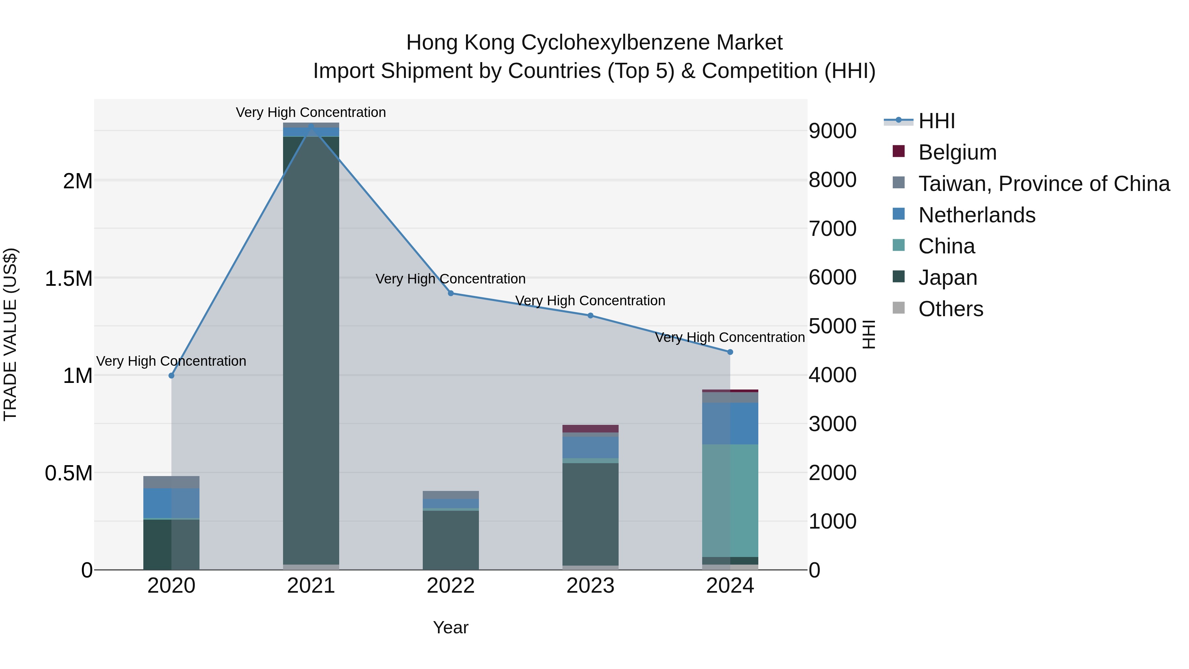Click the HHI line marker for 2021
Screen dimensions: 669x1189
click(x=311, y=126)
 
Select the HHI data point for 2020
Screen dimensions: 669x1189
click(x=171, y=375)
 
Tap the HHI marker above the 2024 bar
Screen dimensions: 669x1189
click(x=730, y=352)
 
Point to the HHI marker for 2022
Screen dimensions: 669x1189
click(x=451, y=293)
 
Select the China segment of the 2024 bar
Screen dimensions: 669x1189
click(x=730, y=501)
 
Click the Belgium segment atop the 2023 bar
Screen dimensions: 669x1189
click(x=590, y=428)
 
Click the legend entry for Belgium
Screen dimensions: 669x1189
click(x=957, y=152)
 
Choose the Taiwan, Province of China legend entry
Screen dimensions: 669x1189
click(x=1043, y=184)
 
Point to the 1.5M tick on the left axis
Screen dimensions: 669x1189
click(x=68, y=279)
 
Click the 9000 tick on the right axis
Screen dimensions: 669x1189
click(x=832, y=131)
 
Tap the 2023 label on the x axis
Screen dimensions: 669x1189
click(x=590, y=586)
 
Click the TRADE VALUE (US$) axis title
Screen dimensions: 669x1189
click(x=10, y=334)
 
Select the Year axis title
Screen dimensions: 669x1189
click(x=450, y=627)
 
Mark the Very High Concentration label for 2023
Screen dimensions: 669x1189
click(x=590, y=301)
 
